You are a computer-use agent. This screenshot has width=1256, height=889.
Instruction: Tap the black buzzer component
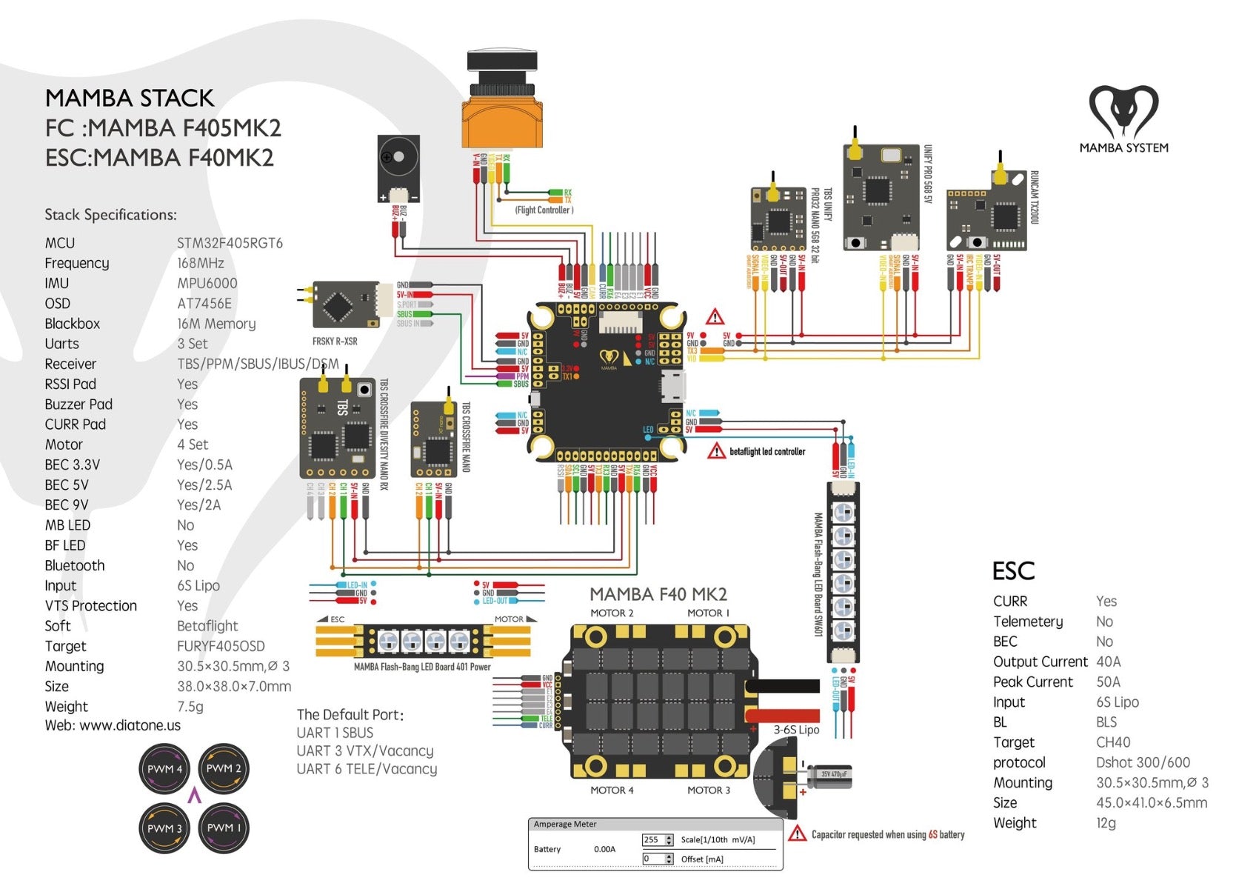click(x=398, y=168)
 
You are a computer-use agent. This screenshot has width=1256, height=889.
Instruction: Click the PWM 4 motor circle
click(x=165, y=769)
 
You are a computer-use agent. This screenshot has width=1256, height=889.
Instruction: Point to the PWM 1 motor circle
click(x=224, y=828)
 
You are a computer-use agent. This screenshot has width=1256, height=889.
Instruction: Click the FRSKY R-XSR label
click(x=335, y=342)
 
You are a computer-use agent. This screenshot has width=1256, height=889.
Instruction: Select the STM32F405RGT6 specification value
click(x=230, y=243)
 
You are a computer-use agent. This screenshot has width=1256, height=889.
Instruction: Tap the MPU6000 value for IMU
click(x=207, y=283)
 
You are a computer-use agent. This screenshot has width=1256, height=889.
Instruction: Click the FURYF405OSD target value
click(x=221, y=646)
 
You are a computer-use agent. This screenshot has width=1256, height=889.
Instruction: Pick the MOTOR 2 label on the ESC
click(x=612, y=613)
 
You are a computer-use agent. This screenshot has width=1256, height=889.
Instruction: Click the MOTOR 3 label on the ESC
click(x=708, y=790)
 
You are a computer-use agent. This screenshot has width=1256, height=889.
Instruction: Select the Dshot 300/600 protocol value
click(x=1143, y=762)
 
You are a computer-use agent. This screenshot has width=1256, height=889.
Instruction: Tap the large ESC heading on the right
click(x=1013, y=570)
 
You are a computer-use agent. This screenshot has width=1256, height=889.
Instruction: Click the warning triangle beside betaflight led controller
click(x=716, y=450)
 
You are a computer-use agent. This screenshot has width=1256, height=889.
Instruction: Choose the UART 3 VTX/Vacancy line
click(x=365, y=750)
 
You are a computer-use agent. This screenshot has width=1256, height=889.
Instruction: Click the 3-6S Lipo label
click(x=796, y=730)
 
